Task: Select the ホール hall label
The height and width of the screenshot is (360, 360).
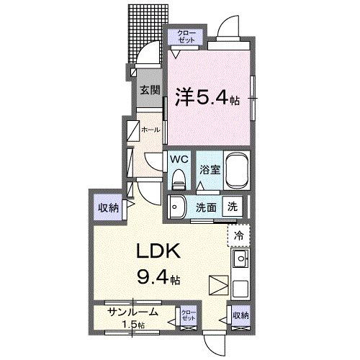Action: [150, 130]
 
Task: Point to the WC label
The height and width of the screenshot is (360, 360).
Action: [179, 158]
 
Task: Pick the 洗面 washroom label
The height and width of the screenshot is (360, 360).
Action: [207, 206]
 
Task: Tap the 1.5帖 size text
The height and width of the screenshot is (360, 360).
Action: [132, 325]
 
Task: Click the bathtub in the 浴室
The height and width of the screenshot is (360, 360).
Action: [237, 170]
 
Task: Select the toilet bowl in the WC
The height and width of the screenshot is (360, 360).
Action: [178, 178]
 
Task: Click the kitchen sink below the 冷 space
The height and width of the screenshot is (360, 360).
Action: [240, 259]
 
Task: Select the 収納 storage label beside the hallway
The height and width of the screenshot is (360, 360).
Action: [109, 208]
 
